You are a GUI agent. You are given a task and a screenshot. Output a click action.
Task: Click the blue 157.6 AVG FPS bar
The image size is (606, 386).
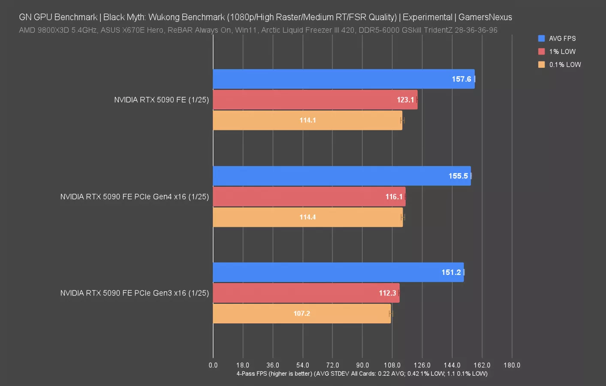click(343, 79)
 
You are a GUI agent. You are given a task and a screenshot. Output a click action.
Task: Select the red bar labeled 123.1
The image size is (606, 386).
click(315, 100)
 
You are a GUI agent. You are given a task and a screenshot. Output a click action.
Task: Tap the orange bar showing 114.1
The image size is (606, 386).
click(307, 120)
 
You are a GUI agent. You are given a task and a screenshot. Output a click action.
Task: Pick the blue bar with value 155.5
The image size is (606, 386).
click(341, 176)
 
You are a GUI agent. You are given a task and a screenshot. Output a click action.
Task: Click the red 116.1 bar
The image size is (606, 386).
click(309, 196)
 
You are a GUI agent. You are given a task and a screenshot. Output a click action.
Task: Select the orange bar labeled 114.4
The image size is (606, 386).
click(308, 217)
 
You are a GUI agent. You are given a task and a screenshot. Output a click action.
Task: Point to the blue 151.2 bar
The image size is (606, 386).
click(338, 272)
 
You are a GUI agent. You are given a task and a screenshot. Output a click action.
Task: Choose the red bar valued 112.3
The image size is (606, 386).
click(306, 293)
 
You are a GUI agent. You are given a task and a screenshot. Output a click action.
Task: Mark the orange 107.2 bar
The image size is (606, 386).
click(301, 314)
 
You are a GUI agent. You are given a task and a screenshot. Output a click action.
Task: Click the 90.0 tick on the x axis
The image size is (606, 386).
click(362, 365)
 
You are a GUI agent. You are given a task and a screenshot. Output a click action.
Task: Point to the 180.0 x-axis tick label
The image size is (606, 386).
click(512, 365)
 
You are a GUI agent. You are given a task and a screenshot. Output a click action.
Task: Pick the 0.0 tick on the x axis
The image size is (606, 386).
click(213, 365)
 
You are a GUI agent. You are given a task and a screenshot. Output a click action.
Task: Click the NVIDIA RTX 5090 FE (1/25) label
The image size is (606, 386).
click(161, 100)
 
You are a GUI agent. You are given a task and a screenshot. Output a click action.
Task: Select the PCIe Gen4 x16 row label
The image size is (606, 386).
click(134, 196)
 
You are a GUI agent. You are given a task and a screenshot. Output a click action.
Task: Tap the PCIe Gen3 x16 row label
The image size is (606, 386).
click(134, 293)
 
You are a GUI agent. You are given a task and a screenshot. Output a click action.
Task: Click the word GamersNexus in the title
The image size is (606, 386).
click(485, 17)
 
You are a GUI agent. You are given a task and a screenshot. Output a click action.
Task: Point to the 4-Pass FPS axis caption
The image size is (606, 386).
click(362, 374)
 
